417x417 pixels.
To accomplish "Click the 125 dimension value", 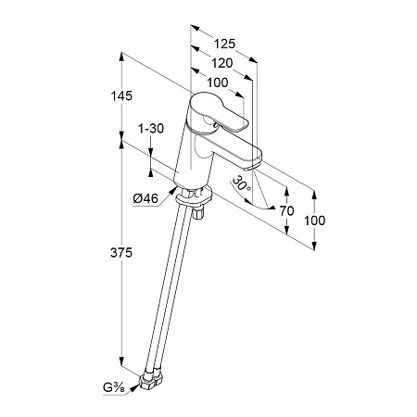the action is (224, 44).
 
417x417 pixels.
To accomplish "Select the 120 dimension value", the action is (221, 63).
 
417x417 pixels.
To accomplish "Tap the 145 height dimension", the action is (121, 95).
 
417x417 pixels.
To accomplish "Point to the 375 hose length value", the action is (121, 253).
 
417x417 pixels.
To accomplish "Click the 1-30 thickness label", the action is (151, 128).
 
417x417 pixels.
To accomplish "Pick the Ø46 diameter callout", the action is (145, 198).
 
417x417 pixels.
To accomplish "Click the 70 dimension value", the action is (286, 211).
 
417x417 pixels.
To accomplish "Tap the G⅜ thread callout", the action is (113, 387).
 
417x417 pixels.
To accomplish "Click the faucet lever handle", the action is (216, 113).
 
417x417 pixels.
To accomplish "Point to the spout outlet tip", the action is (253, 167).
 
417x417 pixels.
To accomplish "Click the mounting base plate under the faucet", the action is (194, 197).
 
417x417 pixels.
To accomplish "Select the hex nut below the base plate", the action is (198, 213).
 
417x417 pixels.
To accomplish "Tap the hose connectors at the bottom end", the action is (150, 378).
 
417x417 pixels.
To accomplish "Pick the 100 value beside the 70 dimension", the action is (314, 221).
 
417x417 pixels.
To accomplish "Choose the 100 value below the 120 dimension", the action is (218, 82).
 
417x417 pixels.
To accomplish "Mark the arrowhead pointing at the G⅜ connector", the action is (134, 387).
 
